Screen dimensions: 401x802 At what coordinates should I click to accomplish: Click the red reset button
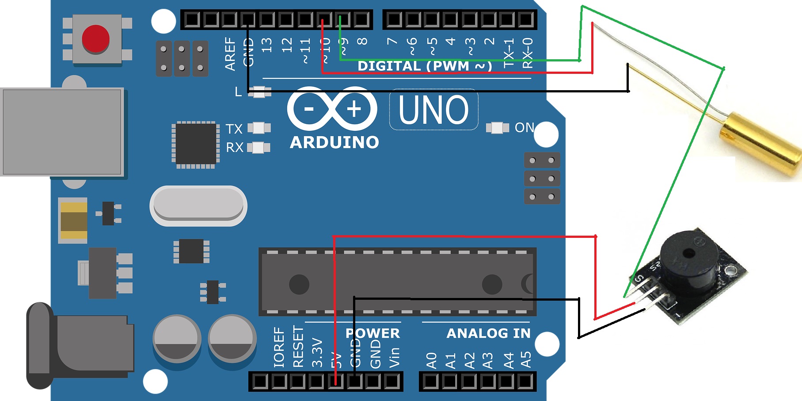tap(95, 39)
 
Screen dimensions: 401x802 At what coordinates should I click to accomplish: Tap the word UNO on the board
tap(433, 110)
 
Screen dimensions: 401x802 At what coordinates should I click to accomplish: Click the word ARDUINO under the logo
tap(334, 142)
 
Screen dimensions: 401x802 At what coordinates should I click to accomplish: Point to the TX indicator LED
tap(259, 128)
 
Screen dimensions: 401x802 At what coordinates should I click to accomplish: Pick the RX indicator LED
tap(259, 147)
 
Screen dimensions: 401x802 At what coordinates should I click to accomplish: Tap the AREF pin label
tap(230, 53)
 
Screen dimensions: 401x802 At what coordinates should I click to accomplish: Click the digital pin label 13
tap(267, 45)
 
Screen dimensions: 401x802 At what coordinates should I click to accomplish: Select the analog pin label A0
tap(431, 360)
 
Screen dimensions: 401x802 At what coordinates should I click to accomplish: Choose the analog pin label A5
tap(526, 359)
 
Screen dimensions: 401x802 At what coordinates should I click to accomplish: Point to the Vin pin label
tap(394, 357)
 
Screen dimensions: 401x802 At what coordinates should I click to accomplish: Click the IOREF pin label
tap(279, 347)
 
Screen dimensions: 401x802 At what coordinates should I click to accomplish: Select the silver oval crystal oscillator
tap(198, 206)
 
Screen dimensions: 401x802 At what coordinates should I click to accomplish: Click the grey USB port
tap(62, 132)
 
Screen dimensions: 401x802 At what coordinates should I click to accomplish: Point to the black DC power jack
tap(80, 345)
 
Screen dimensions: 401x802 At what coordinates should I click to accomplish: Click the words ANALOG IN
tap(488, 333)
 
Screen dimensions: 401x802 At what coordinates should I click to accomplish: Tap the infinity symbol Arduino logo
tap(332, 108)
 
